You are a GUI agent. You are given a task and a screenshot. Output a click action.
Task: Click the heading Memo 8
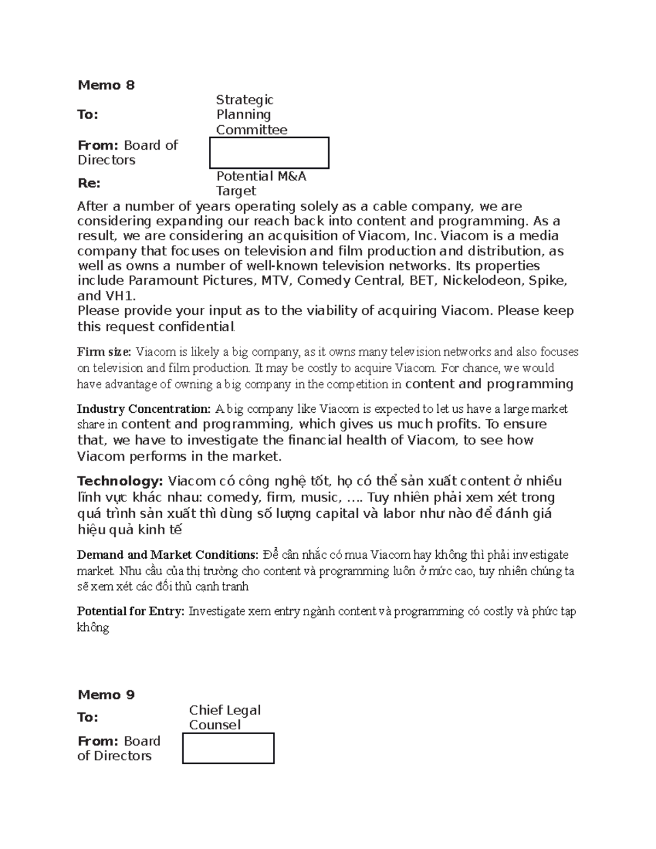coord(106,85)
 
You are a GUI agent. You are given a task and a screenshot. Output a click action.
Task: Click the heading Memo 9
coord(106,695)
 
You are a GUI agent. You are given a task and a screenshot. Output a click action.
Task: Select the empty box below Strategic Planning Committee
coord(270,153)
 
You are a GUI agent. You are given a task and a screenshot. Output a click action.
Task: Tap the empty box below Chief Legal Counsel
coord(228,748)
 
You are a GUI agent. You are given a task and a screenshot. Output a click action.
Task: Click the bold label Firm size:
coord(104,352)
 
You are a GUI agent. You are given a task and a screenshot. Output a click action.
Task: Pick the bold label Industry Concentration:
coord(143,409)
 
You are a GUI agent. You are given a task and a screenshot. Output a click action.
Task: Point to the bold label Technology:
coord(120,482)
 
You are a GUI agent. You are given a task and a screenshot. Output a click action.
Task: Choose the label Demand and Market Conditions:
coord(167,555)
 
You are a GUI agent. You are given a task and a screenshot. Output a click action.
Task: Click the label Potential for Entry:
coord(131,612)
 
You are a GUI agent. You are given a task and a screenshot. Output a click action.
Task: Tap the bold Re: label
coord(89,184)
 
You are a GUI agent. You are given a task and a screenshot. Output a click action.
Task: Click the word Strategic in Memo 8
coord(244,100)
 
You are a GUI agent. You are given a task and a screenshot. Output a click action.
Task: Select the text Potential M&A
coord(261,177)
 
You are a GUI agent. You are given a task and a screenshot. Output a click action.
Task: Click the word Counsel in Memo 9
coord(215,725)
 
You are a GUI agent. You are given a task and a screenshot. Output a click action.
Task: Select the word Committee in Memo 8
coord(251,130)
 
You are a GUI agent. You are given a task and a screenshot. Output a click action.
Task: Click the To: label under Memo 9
coord(88,717)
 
